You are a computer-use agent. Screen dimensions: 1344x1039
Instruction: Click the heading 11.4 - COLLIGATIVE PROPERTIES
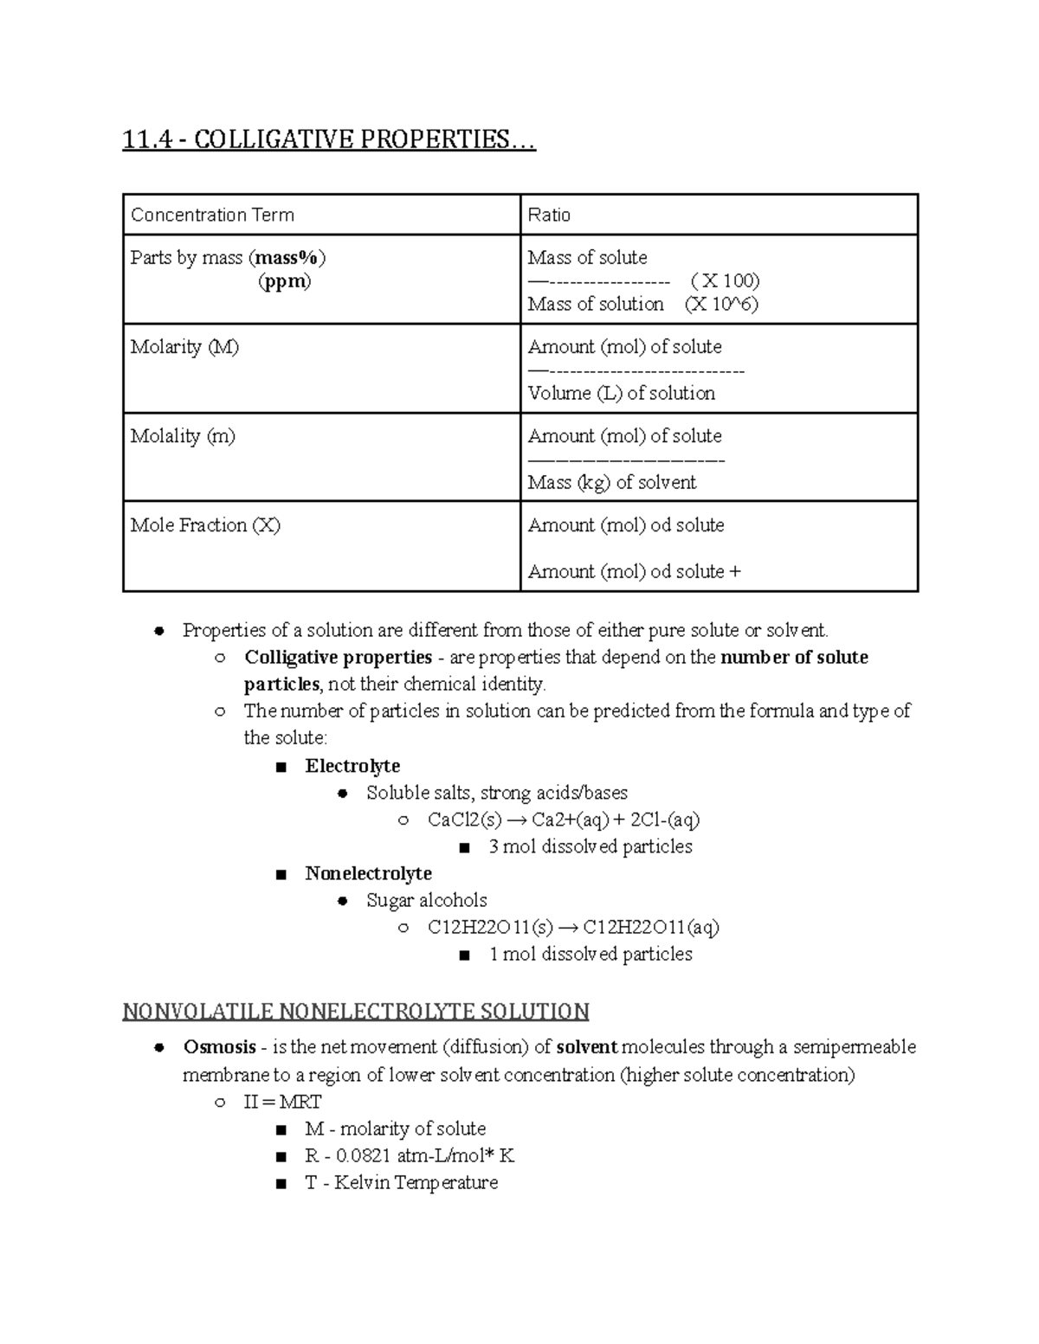pyautogui.click(x=329, y=139)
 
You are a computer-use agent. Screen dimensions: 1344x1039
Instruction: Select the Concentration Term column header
pyautogui.click(x=212, y=215)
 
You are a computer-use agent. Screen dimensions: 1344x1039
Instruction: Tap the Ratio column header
pyautogui.click(x=549, y=215)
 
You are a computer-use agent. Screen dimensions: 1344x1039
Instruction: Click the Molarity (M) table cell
pyautogui.click(x=184, y=347)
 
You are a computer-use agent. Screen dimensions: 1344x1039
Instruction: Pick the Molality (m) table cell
pyautogui.click(x=183, y=436)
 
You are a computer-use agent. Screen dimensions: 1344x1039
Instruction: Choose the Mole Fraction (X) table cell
pyautogui.click(x=205, y=525)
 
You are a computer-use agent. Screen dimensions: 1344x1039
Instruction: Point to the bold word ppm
pyautogui.click(x=285, y=281)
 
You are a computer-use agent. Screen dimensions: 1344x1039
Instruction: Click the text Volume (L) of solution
pyautogui.click(x=621, y=393)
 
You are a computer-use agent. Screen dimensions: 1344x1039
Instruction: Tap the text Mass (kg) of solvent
pyautogui.click(x=611, y=482)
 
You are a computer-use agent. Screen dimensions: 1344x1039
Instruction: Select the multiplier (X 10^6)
pyautogui.click(x=721, y=304)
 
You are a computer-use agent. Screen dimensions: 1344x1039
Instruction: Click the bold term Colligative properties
pyautogui.click(x=338, y=657)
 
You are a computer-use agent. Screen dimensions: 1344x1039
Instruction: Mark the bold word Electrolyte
pyautogui.click(x=352, y=766)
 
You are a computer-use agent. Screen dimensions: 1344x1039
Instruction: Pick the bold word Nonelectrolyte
pyautogui.click(x=368, y=873)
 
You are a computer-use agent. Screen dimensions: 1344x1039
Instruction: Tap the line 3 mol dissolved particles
pyautogui.click(x=590, y=846)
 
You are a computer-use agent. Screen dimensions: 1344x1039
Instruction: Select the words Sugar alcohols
pyautogui.click(x=426, y=900)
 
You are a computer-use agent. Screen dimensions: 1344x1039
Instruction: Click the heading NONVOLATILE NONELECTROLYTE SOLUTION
pyautogui.click(x=356, y=1011)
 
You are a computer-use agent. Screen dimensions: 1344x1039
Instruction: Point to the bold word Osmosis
pyautogui.click(x=219, y=1047)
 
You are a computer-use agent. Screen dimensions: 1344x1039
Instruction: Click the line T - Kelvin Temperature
pyautogui.click(x=401, y=1182)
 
